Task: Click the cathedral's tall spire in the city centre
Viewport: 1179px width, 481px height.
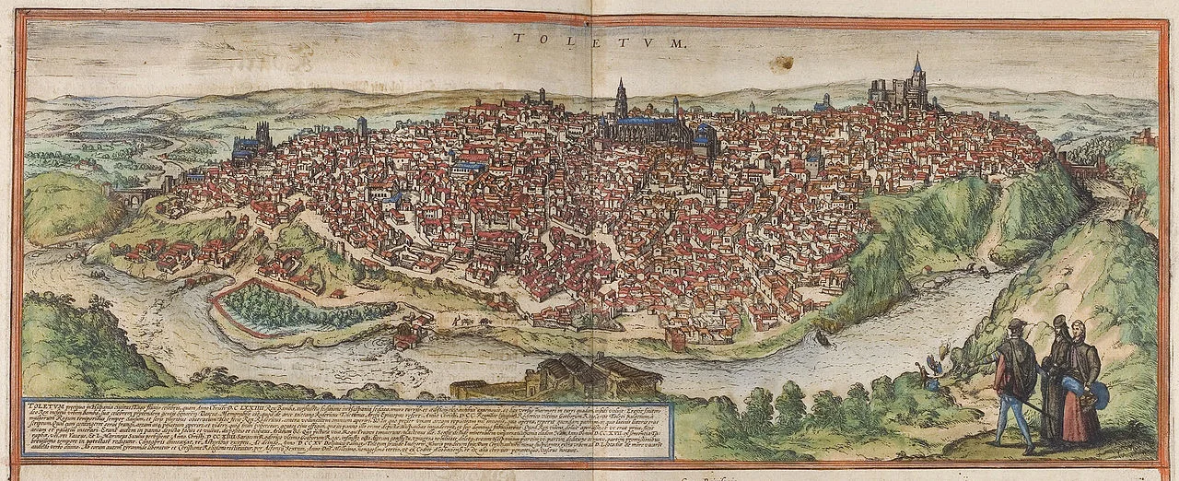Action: tap(622, 99)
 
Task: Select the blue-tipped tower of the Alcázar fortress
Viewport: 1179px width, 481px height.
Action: tap(916, 70)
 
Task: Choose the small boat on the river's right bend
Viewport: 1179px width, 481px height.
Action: tap(819, 338)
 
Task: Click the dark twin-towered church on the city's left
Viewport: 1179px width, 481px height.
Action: tap(251, 143)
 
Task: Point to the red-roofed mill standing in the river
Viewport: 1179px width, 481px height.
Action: tap(405, 334)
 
